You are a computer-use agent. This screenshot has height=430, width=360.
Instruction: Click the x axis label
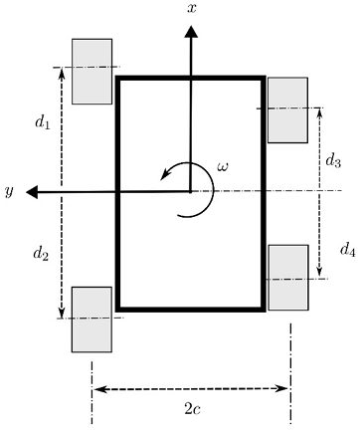[x=191, y=8]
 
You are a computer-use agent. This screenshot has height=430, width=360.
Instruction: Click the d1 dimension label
[x=42, y=123]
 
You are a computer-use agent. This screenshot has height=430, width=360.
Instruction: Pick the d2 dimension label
[x=41, y=254]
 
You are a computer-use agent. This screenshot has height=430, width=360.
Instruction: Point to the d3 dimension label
[x=334, y=160]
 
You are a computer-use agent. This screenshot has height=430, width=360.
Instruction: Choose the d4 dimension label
[x=347, y=249]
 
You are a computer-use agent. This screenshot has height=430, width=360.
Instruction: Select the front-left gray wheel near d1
[x=92, y=72]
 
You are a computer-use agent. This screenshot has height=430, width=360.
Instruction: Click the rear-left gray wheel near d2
[x=91, y=319]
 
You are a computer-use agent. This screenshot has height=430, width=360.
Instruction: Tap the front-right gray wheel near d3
[x=287, y=109]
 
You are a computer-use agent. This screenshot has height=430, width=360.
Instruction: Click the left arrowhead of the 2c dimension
[x=97, y=388]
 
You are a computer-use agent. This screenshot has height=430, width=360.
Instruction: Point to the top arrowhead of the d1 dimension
[x=63, y=74]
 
